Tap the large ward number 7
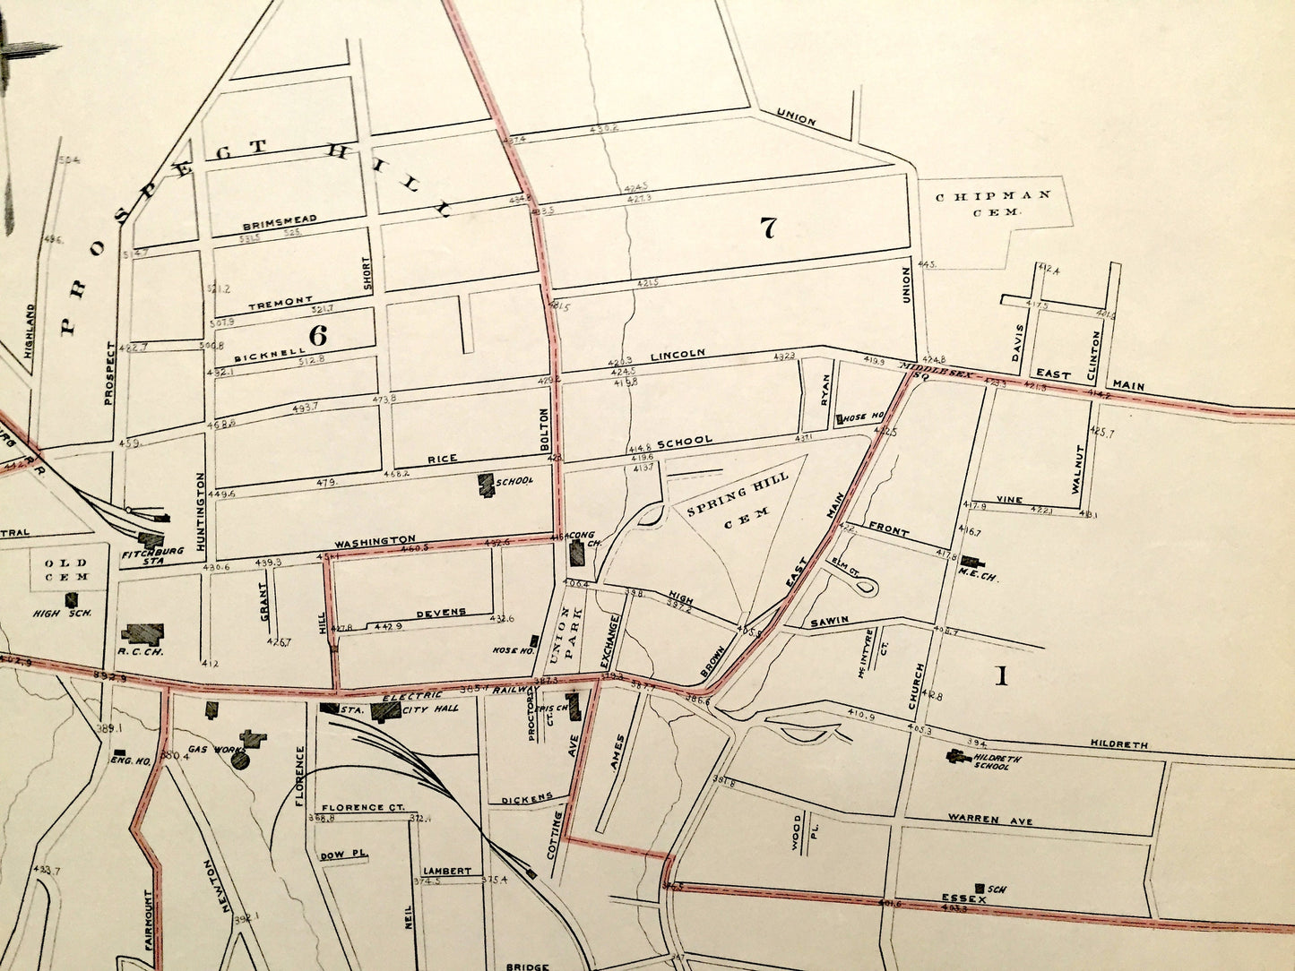[767, 228]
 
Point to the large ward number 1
[1001, 676]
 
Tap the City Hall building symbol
[386, 710]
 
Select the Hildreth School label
[993, 762]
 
